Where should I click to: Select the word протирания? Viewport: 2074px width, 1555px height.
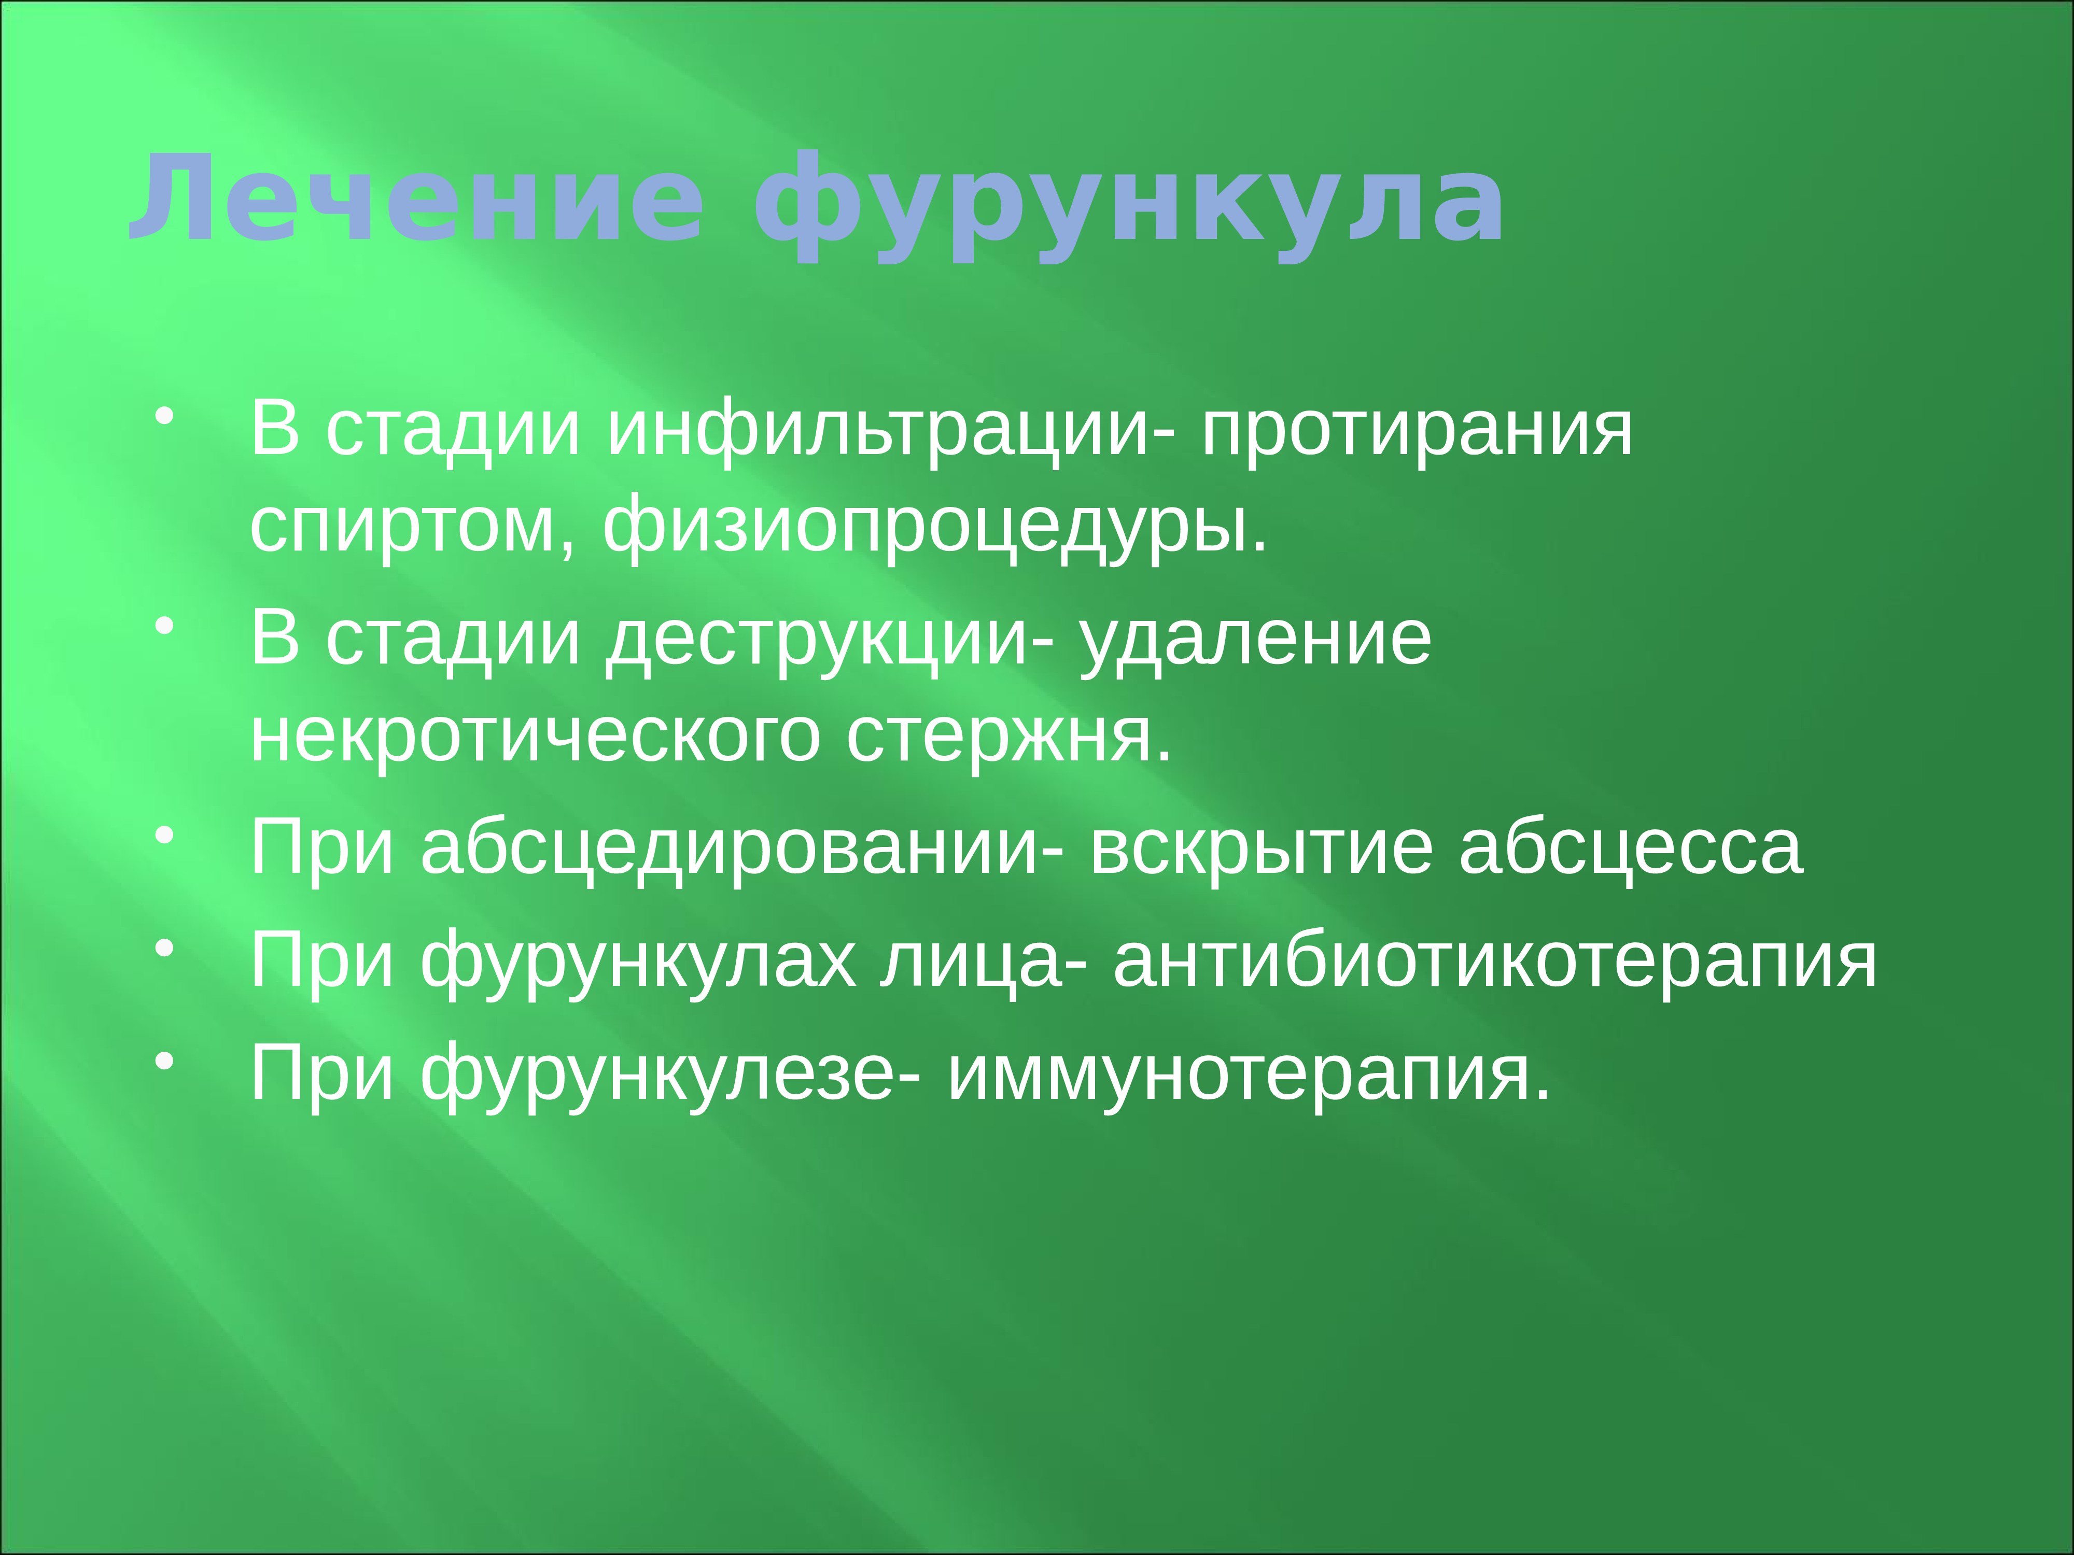[1417, 431]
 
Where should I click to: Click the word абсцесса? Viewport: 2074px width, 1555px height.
[1631, 849]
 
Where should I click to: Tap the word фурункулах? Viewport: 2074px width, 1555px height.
[638, 962]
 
